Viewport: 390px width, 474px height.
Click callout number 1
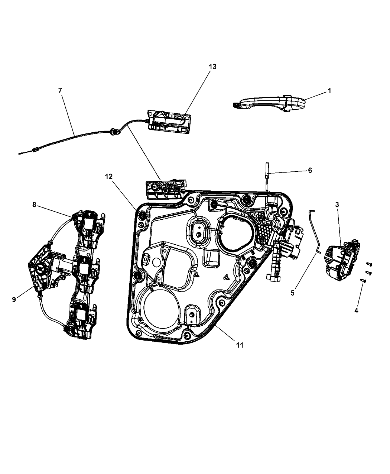pyautogui.click(x=329, y=90)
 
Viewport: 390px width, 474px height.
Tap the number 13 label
pyautogui.click(x=212, y=67)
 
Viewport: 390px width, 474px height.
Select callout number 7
pyautogui.click(x=61, y=90)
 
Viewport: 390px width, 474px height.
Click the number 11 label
pyautogui.click(x=240, y=345)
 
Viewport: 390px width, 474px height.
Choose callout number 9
pyautogui.click(x=14, y=299)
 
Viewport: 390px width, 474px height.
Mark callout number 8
pyautogui.click(x=34, y=204)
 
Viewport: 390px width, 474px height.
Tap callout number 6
pyautogui.click(x=309, y=170)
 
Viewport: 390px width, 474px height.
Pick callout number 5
pyautogui.click(x=293, y=293)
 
